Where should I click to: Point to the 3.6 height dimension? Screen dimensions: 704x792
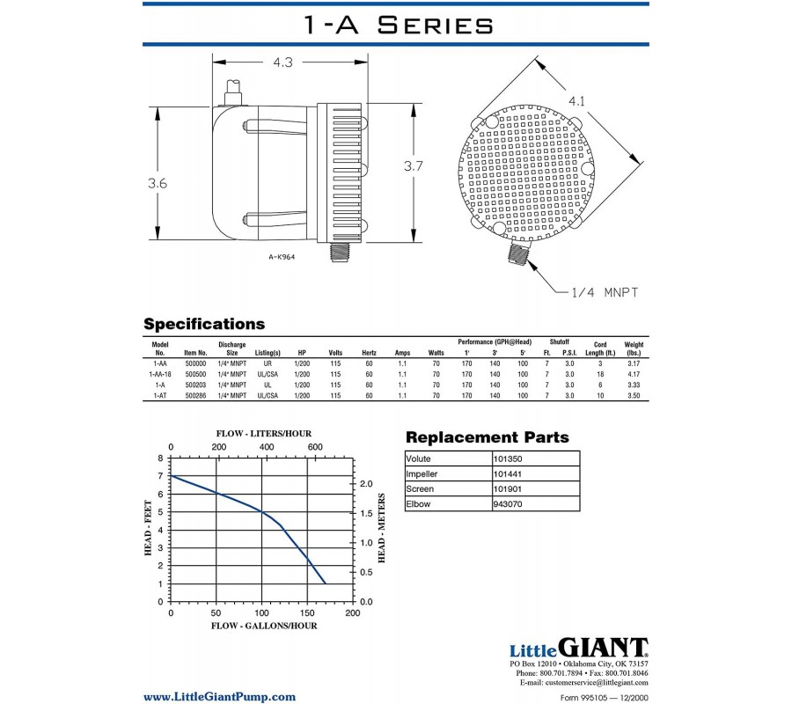(158, 183)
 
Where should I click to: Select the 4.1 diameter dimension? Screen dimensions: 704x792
(576, 101)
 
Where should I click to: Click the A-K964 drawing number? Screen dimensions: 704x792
(282, 258)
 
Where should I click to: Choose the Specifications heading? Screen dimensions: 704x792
(203, 324)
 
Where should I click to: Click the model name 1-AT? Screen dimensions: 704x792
(160, 396)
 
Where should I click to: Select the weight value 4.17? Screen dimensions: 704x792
(634, 373)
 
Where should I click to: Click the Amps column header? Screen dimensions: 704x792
(402, 352)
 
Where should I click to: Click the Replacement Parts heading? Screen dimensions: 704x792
(487, 437)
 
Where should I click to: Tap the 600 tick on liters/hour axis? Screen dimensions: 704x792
(315, 447)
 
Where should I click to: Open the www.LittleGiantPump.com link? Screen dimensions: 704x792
(219, 696)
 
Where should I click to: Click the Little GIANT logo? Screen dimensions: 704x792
(578, 648)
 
